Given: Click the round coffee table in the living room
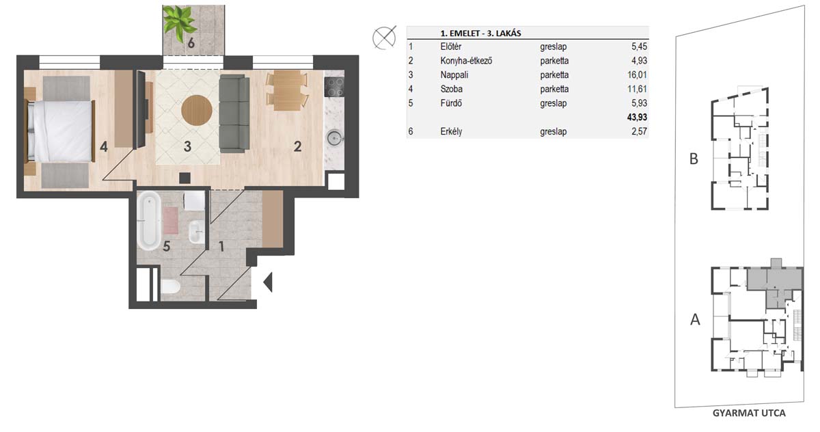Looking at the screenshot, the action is (x=197, y=110).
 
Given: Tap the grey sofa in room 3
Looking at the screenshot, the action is (x=234, y=113).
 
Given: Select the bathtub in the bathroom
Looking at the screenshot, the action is (x=149, y=220).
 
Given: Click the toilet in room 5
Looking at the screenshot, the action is (x=170, y=286).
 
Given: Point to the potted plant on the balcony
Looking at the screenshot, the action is (x=180, y=23).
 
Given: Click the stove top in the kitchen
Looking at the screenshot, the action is (x=334, y=87).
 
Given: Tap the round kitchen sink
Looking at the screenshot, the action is (x=334, y=138).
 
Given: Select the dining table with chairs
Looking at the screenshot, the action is (x=288, y=90).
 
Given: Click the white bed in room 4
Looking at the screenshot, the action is (x=59, y=131).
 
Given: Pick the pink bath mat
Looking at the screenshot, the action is (x=170, y=220).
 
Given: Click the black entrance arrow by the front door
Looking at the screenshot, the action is (x=268, y=282).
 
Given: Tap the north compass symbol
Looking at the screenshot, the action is (x=384, y=38).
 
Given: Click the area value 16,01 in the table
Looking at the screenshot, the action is (x=637, y=75).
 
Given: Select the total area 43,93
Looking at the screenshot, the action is (x=637, y=117).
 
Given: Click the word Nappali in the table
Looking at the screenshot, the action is (x=454, y=75).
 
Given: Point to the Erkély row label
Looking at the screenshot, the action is (x=451, y=131).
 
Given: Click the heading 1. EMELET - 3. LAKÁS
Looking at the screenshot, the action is (x=480, y=33).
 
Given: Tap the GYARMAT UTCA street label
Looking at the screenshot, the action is (x=749, y=413).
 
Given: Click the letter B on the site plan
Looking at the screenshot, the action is (x=694, y=159).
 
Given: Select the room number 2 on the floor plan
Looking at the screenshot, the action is (x=298, y=146).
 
